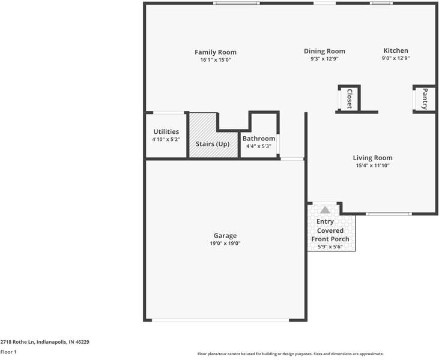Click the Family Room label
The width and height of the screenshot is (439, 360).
coord(216,52)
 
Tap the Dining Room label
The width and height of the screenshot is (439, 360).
coord(324,52)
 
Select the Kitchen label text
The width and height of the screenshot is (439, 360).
coord(396,51)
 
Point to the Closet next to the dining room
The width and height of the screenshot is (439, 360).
coord(349,98)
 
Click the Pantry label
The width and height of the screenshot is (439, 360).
coord(425,98)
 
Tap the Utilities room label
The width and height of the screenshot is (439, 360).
coord(166,131)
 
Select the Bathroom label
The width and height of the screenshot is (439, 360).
coord(259,139)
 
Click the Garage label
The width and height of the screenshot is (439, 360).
coord(225,236)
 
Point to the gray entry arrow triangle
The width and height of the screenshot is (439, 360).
coord(325,210)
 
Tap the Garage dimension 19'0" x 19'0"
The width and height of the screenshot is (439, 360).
coord(225,243)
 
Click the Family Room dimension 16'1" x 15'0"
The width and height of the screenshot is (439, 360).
coord(216,60)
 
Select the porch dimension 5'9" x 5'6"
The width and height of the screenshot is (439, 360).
coord(330,247)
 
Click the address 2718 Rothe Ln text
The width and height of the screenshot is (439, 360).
coord(44,341)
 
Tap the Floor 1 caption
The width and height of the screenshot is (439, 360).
coord(8,352)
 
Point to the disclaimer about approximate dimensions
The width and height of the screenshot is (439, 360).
coord(290,354)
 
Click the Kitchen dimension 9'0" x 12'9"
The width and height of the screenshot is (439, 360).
coord(396,59)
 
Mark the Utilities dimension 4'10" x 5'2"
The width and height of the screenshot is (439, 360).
coord(166,139)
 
